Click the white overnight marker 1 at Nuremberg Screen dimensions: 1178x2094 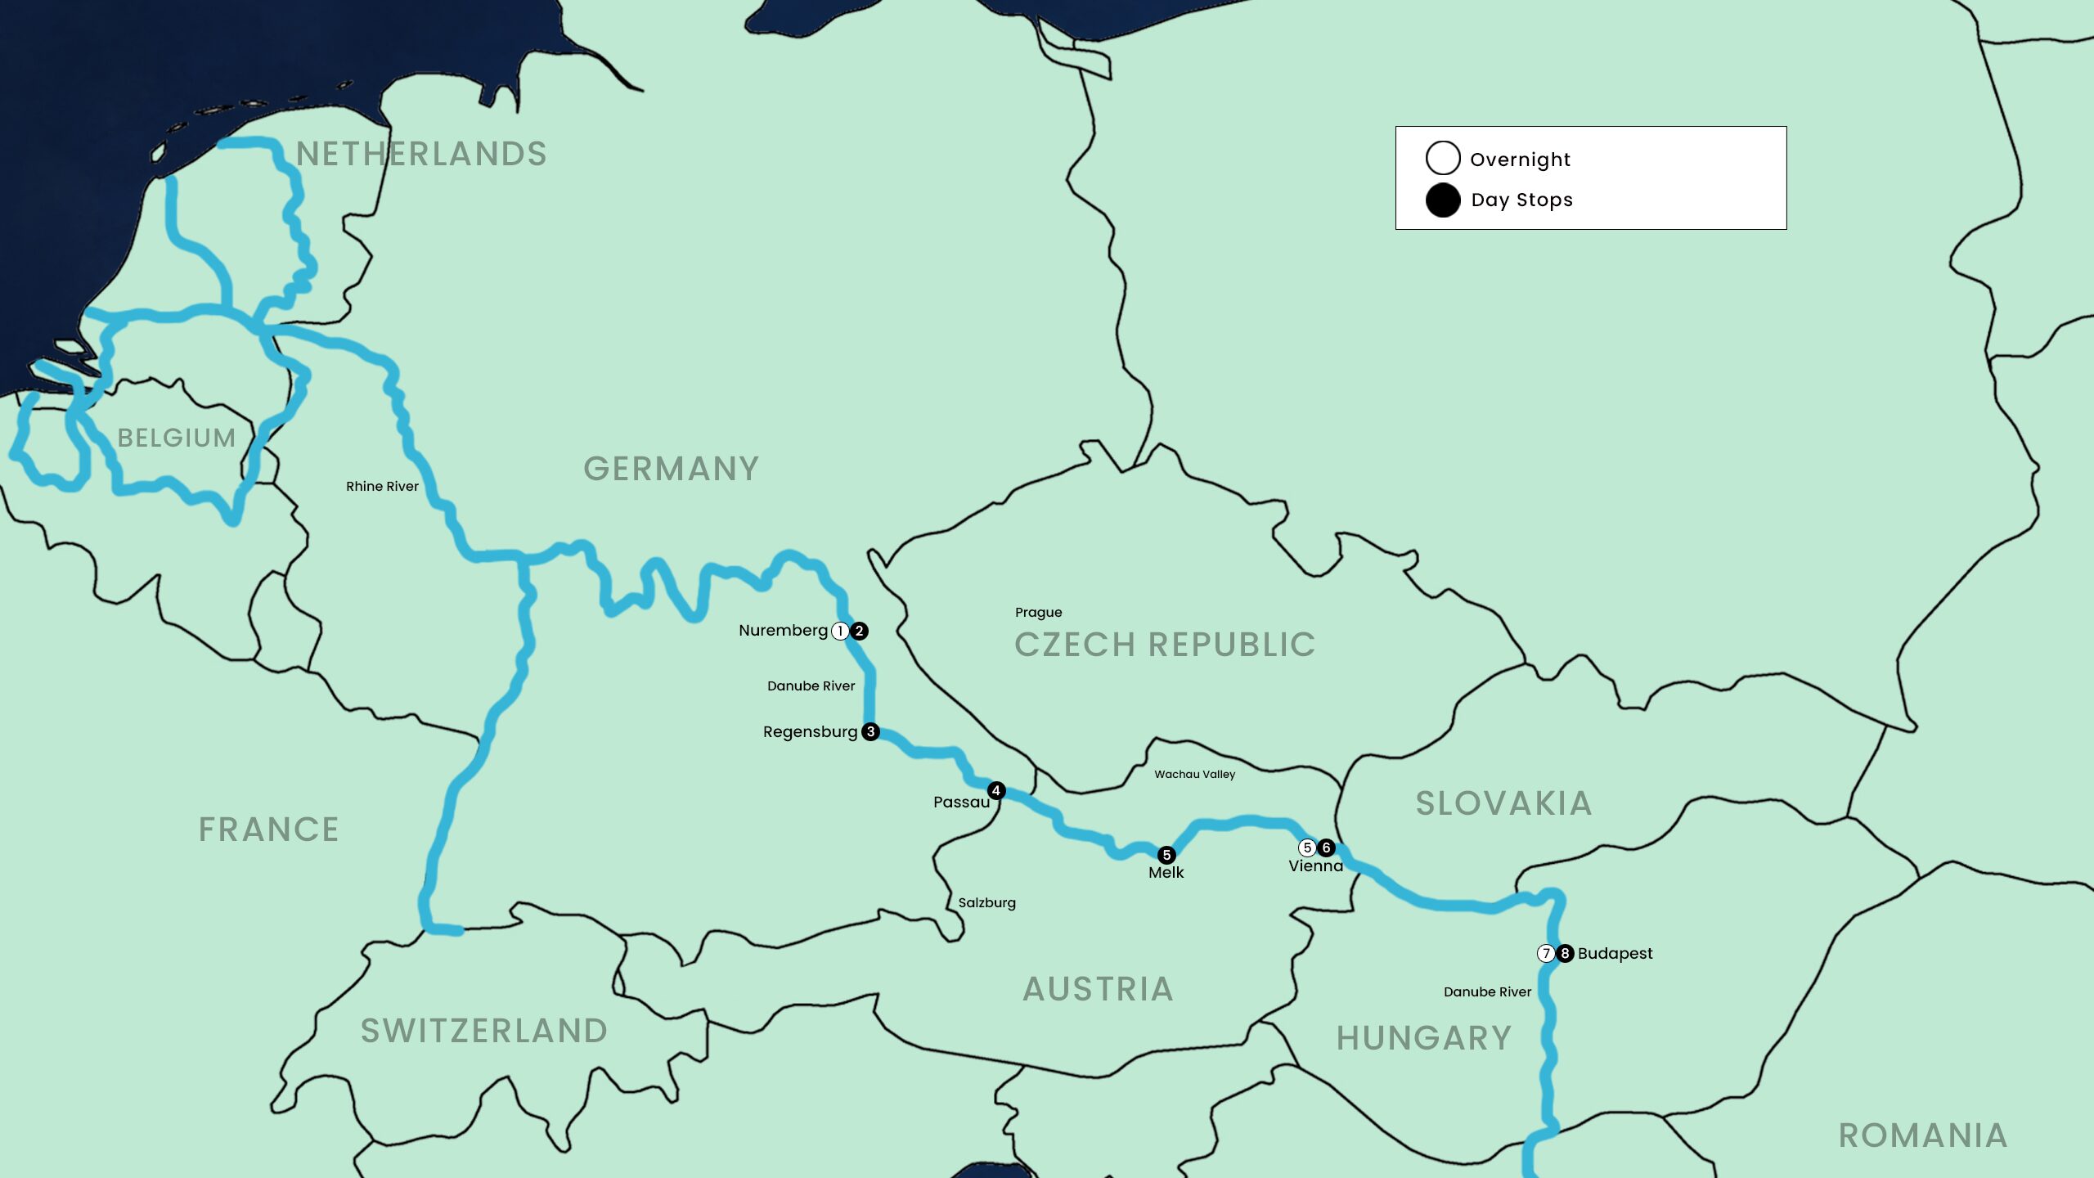click(840, 631)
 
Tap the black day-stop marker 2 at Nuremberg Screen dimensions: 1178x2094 click(859, 631)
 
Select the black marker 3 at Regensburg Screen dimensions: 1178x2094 click(871, 731)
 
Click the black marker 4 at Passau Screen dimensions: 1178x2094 click(996, 790)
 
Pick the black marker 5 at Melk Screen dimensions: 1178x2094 click(1166, 855)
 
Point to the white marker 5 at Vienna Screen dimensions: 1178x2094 click(1307, 848)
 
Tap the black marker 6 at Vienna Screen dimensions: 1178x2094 click(1327, 848)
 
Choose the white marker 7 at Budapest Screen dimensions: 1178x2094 click(1546, 953)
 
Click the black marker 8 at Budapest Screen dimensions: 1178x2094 click(1565, 953)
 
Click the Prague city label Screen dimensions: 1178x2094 click(1038, 612)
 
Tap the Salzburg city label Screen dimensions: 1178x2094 click(986, 902)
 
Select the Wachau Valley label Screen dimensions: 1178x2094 click(1194, 774)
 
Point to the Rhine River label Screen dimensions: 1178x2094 click(382, 486)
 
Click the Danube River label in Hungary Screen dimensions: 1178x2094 click(1487, 991)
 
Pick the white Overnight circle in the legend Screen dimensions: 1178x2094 click(1443, 158)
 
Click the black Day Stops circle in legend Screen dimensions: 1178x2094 click(1443, 200)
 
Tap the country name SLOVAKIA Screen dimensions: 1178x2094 click(1503, 803)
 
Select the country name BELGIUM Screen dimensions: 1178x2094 click(177, 438)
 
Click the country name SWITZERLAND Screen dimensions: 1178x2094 click(484, 1031)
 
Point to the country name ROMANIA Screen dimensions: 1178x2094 click(1922, 1135)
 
